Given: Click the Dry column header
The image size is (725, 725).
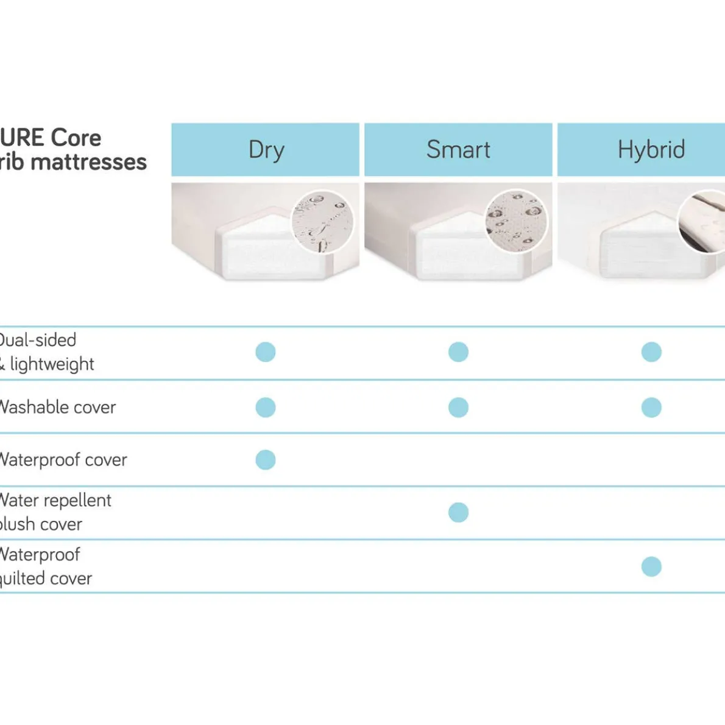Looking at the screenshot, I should click(266, 150).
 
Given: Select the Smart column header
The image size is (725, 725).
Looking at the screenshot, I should click(458, 150).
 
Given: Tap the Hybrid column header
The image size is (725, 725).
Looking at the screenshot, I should click(651, 150).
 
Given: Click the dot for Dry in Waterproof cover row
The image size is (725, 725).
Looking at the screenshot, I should click(266, 460).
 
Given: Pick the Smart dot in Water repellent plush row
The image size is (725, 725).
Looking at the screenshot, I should click(458, 512).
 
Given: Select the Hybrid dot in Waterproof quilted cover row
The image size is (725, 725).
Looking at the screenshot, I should click(651, 567).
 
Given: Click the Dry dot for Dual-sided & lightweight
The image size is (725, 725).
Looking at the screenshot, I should click(266, 352).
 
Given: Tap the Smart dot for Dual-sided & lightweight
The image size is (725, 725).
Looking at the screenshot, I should click(458, 352).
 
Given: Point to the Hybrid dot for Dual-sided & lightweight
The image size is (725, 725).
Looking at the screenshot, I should click(651, 352).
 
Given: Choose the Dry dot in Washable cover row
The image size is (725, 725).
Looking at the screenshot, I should click(266, 407).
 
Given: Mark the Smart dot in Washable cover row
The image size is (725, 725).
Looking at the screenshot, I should click(458, 407).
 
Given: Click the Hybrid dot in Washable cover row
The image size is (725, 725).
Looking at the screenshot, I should click(651, 407).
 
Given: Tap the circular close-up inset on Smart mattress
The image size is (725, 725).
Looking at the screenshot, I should click(516, 220).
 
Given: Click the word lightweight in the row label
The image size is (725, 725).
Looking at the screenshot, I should click(52, 364).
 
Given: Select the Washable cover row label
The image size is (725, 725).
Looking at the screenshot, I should click(57, 407).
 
